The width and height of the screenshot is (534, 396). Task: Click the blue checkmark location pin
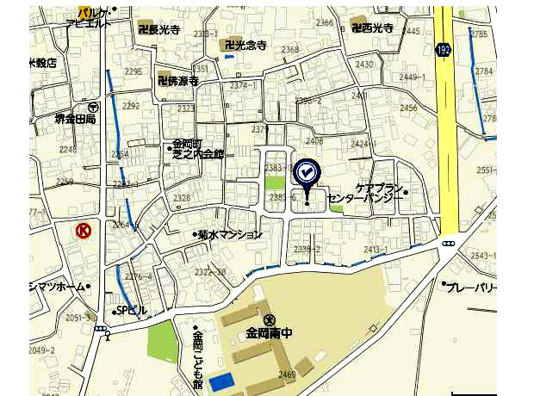pyautogui.click(x=307, y=173)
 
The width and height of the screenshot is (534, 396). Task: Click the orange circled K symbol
pyautogui.click(x=84, y=230)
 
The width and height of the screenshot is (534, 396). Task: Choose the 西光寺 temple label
pyautogui.click(x=374, y=28)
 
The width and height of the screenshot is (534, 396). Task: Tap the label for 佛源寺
pyautogui.click(x=179, y=81)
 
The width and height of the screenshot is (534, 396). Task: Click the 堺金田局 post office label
pyautogui.click(x=76, y=119)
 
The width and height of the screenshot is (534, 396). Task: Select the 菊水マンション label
pyautogui.click(x=229, y=233)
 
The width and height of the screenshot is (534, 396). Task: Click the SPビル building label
pyautogui.click(x=133, y=310)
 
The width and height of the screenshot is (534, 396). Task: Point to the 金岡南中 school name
pyautogui.click(x=269, y=331)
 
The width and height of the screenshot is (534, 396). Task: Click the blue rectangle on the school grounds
pyautogui.click(x=221, y=381)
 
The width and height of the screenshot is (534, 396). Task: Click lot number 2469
pyautogui.click(x=287, y=374)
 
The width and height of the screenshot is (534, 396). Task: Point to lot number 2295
pyautogui.click(x=133, y=71)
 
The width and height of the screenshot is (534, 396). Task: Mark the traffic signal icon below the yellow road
pyautogui.click(x=448, y=244)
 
